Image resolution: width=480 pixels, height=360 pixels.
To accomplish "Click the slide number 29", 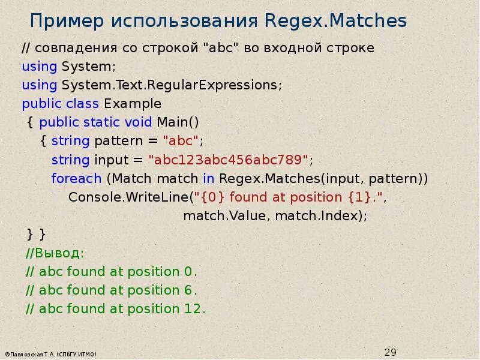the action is (391, 352).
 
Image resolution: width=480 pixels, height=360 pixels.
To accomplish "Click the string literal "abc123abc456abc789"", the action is (230, 160).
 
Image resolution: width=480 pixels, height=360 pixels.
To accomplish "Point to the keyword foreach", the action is (76, 179).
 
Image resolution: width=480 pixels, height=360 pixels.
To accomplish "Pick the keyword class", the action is (83, 103).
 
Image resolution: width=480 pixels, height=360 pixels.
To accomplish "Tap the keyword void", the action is (138, 122).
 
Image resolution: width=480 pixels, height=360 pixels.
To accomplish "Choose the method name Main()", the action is (178, 122).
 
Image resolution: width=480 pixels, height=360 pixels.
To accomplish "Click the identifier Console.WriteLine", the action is (129, 197).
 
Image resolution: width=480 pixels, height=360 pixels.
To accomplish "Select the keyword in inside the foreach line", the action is (208, 179).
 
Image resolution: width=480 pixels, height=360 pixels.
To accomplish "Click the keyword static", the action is (102, 122).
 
